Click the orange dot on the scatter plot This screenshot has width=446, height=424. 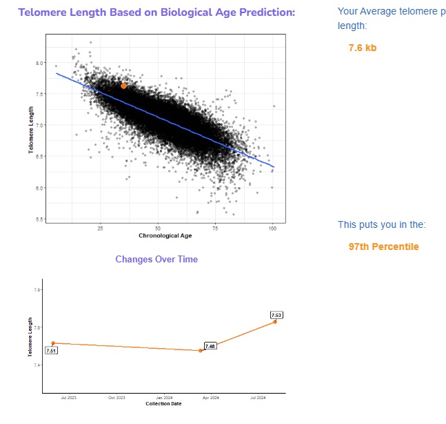[x=123, y=86]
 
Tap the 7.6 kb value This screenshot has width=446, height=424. [x=363, y=48]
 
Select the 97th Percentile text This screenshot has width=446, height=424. [x=383, y=247]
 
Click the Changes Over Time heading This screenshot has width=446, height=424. [x=156, y=259]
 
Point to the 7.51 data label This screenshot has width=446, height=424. [x=51, y=351]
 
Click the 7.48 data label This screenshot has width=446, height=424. [x=210, y=345]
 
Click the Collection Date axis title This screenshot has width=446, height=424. [x=163, y=404]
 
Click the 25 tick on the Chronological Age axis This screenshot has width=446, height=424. [x=101, y=229]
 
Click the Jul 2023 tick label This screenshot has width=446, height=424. [x=68, y=398]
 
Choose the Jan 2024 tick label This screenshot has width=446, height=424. [x=164, y=398]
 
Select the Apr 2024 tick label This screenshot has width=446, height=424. [x=210, y=398]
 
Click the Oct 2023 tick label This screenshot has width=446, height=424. [x=116, y=398]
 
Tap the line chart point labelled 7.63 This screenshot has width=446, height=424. [x=275, y=322]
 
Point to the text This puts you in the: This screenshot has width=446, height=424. [x=381, y=224]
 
